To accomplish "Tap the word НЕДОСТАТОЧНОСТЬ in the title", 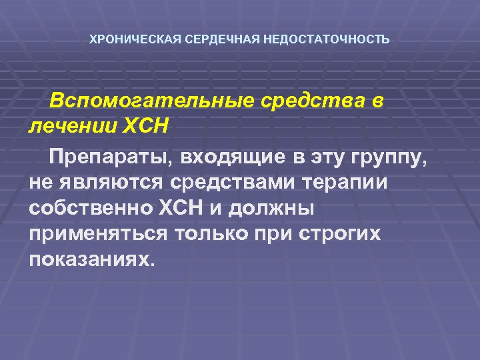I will (327, 39).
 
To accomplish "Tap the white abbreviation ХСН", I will (180, 207).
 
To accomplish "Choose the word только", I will (213, 233).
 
